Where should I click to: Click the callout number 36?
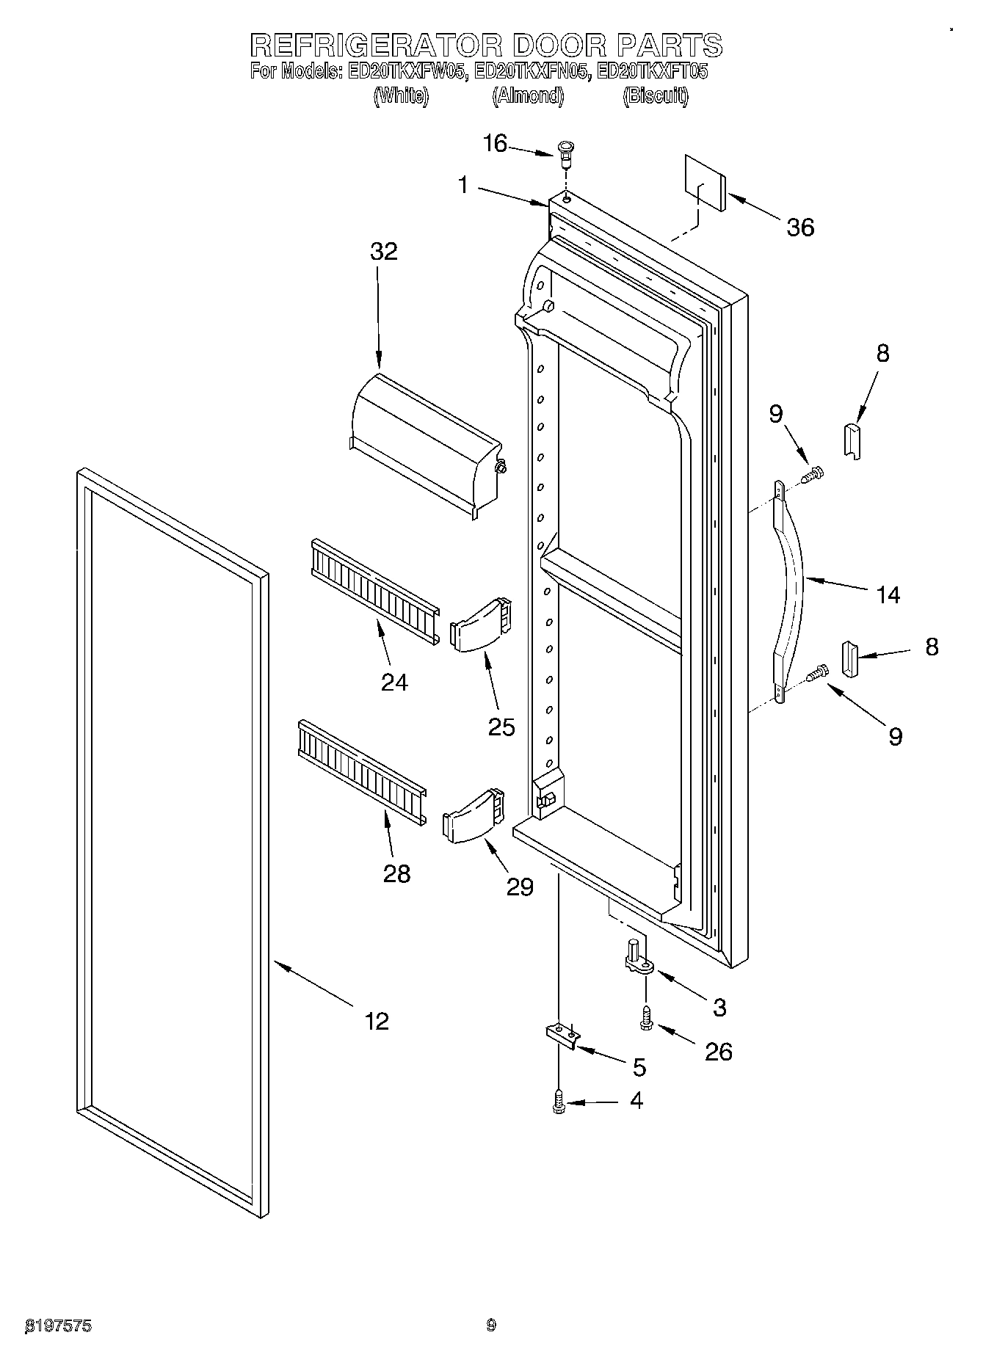click(x=800, y=228)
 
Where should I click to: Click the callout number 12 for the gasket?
click(x=377, y=1021)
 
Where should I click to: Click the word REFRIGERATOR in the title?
click(x=375, y=46)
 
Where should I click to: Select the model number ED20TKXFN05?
click(x=532, y=72)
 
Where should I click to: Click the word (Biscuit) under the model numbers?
click(x=656, y=96)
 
